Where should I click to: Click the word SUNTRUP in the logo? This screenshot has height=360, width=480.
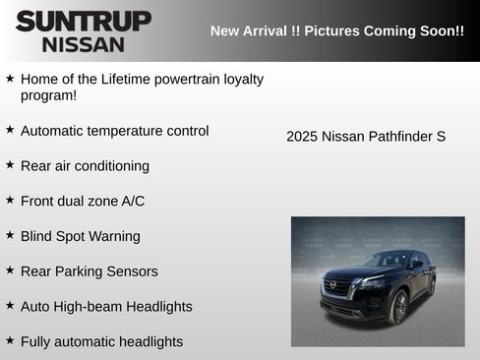84,21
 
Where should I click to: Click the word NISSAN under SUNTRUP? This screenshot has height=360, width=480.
84,44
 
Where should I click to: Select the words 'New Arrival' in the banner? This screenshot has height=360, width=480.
250,30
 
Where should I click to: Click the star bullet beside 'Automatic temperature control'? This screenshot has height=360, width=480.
10,130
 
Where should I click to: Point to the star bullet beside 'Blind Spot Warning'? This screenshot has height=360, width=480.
10,236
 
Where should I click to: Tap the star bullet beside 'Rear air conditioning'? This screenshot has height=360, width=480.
10,165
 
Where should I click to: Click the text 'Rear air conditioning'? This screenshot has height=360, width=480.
85,166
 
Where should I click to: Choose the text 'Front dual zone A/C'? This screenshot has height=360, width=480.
83,201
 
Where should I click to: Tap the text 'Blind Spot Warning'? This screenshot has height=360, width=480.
80,236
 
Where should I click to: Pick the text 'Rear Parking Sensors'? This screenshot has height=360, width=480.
89,271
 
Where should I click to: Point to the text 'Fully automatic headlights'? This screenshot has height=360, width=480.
101,342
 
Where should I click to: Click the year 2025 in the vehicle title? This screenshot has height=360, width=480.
302,137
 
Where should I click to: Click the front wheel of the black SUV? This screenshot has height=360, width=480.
399,307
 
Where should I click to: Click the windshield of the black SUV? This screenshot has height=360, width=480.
388,260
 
